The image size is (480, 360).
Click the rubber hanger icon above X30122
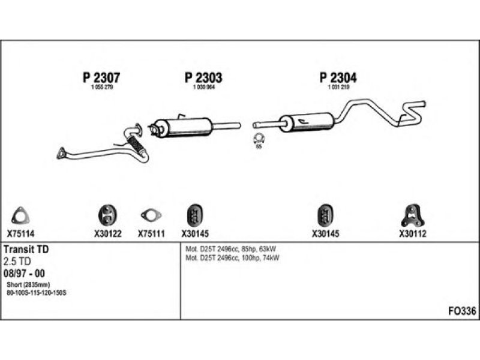pos(108,214)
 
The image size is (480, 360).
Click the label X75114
pos(21,234)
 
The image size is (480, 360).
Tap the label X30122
pos(108,234)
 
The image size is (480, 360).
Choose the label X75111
pos(151,234)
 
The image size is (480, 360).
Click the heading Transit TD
pos(26,249)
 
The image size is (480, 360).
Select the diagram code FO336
pos(462,311)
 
